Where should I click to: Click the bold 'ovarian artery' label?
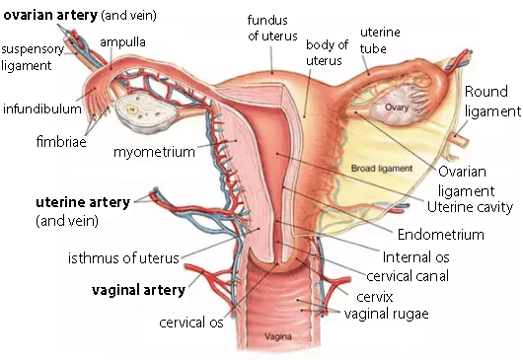pos(50,16)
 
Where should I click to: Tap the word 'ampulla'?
pos(122,42)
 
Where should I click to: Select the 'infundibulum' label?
pos(42,109)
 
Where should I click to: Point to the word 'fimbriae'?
pos(61,142)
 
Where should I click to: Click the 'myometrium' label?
pos(154,152)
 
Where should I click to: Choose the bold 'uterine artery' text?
pos(83,202)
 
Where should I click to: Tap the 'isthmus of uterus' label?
pos(123,258)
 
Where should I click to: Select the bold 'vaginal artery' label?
pos(138,290)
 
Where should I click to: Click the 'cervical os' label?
pos(191,323)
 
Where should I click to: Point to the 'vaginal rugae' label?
pos(386,314)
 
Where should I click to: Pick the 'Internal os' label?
pos(415,257)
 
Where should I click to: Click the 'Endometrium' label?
pos(441,235)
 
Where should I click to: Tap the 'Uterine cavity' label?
pos(470,207)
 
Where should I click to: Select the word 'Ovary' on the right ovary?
pos(397,108)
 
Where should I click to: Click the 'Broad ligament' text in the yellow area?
pos(382,169)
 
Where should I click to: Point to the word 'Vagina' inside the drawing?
pos(278,336)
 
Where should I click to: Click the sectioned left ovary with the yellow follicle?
pos(146,112)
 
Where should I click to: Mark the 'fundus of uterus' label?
pos(272,28)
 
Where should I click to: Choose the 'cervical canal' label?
pos(408,276)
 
